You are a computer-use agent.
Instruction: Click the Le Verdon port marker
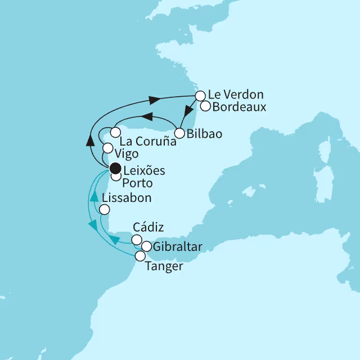tap(200, 97)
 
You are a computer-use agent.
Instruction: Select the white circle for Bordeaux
tap(205, 106)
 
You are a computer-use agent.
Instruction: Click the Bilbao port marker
tap(179, 134)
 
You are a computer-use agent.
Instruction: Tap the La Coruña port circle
tap(115, 133)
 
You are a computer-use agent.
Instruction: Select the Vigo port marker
tap(108, 148)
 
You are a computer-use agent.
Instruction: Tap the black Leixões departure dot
tap(115, 168)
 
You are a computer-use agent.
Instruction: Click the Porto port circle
tap(115, 177)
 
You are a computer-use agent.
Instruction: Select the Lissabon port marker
tap(104, 210)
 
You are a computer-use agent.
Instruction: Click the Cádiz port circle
tap(136, 240)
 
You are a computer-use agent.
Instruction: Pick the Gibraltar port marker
tap(146, 246)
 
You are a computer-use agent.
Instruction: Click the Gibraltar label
tap(179, 246)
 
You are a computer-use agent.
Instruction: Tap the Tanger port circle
tap(139, 256)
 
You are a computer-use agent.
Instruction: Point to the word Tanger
tap(164, 266)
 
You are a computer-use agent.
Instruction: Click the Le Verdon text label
tap(236, 94)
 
